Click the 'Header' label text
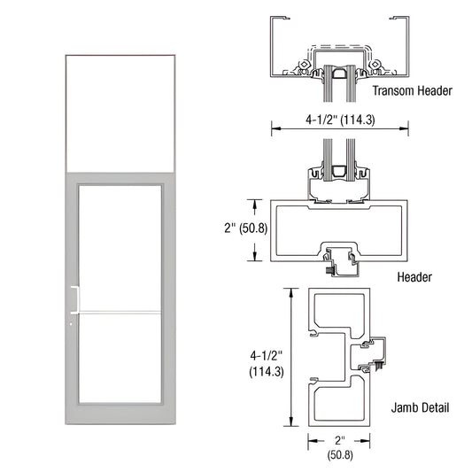[x=414, y=277]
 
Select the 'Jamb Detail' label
[x=420, y=408]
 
